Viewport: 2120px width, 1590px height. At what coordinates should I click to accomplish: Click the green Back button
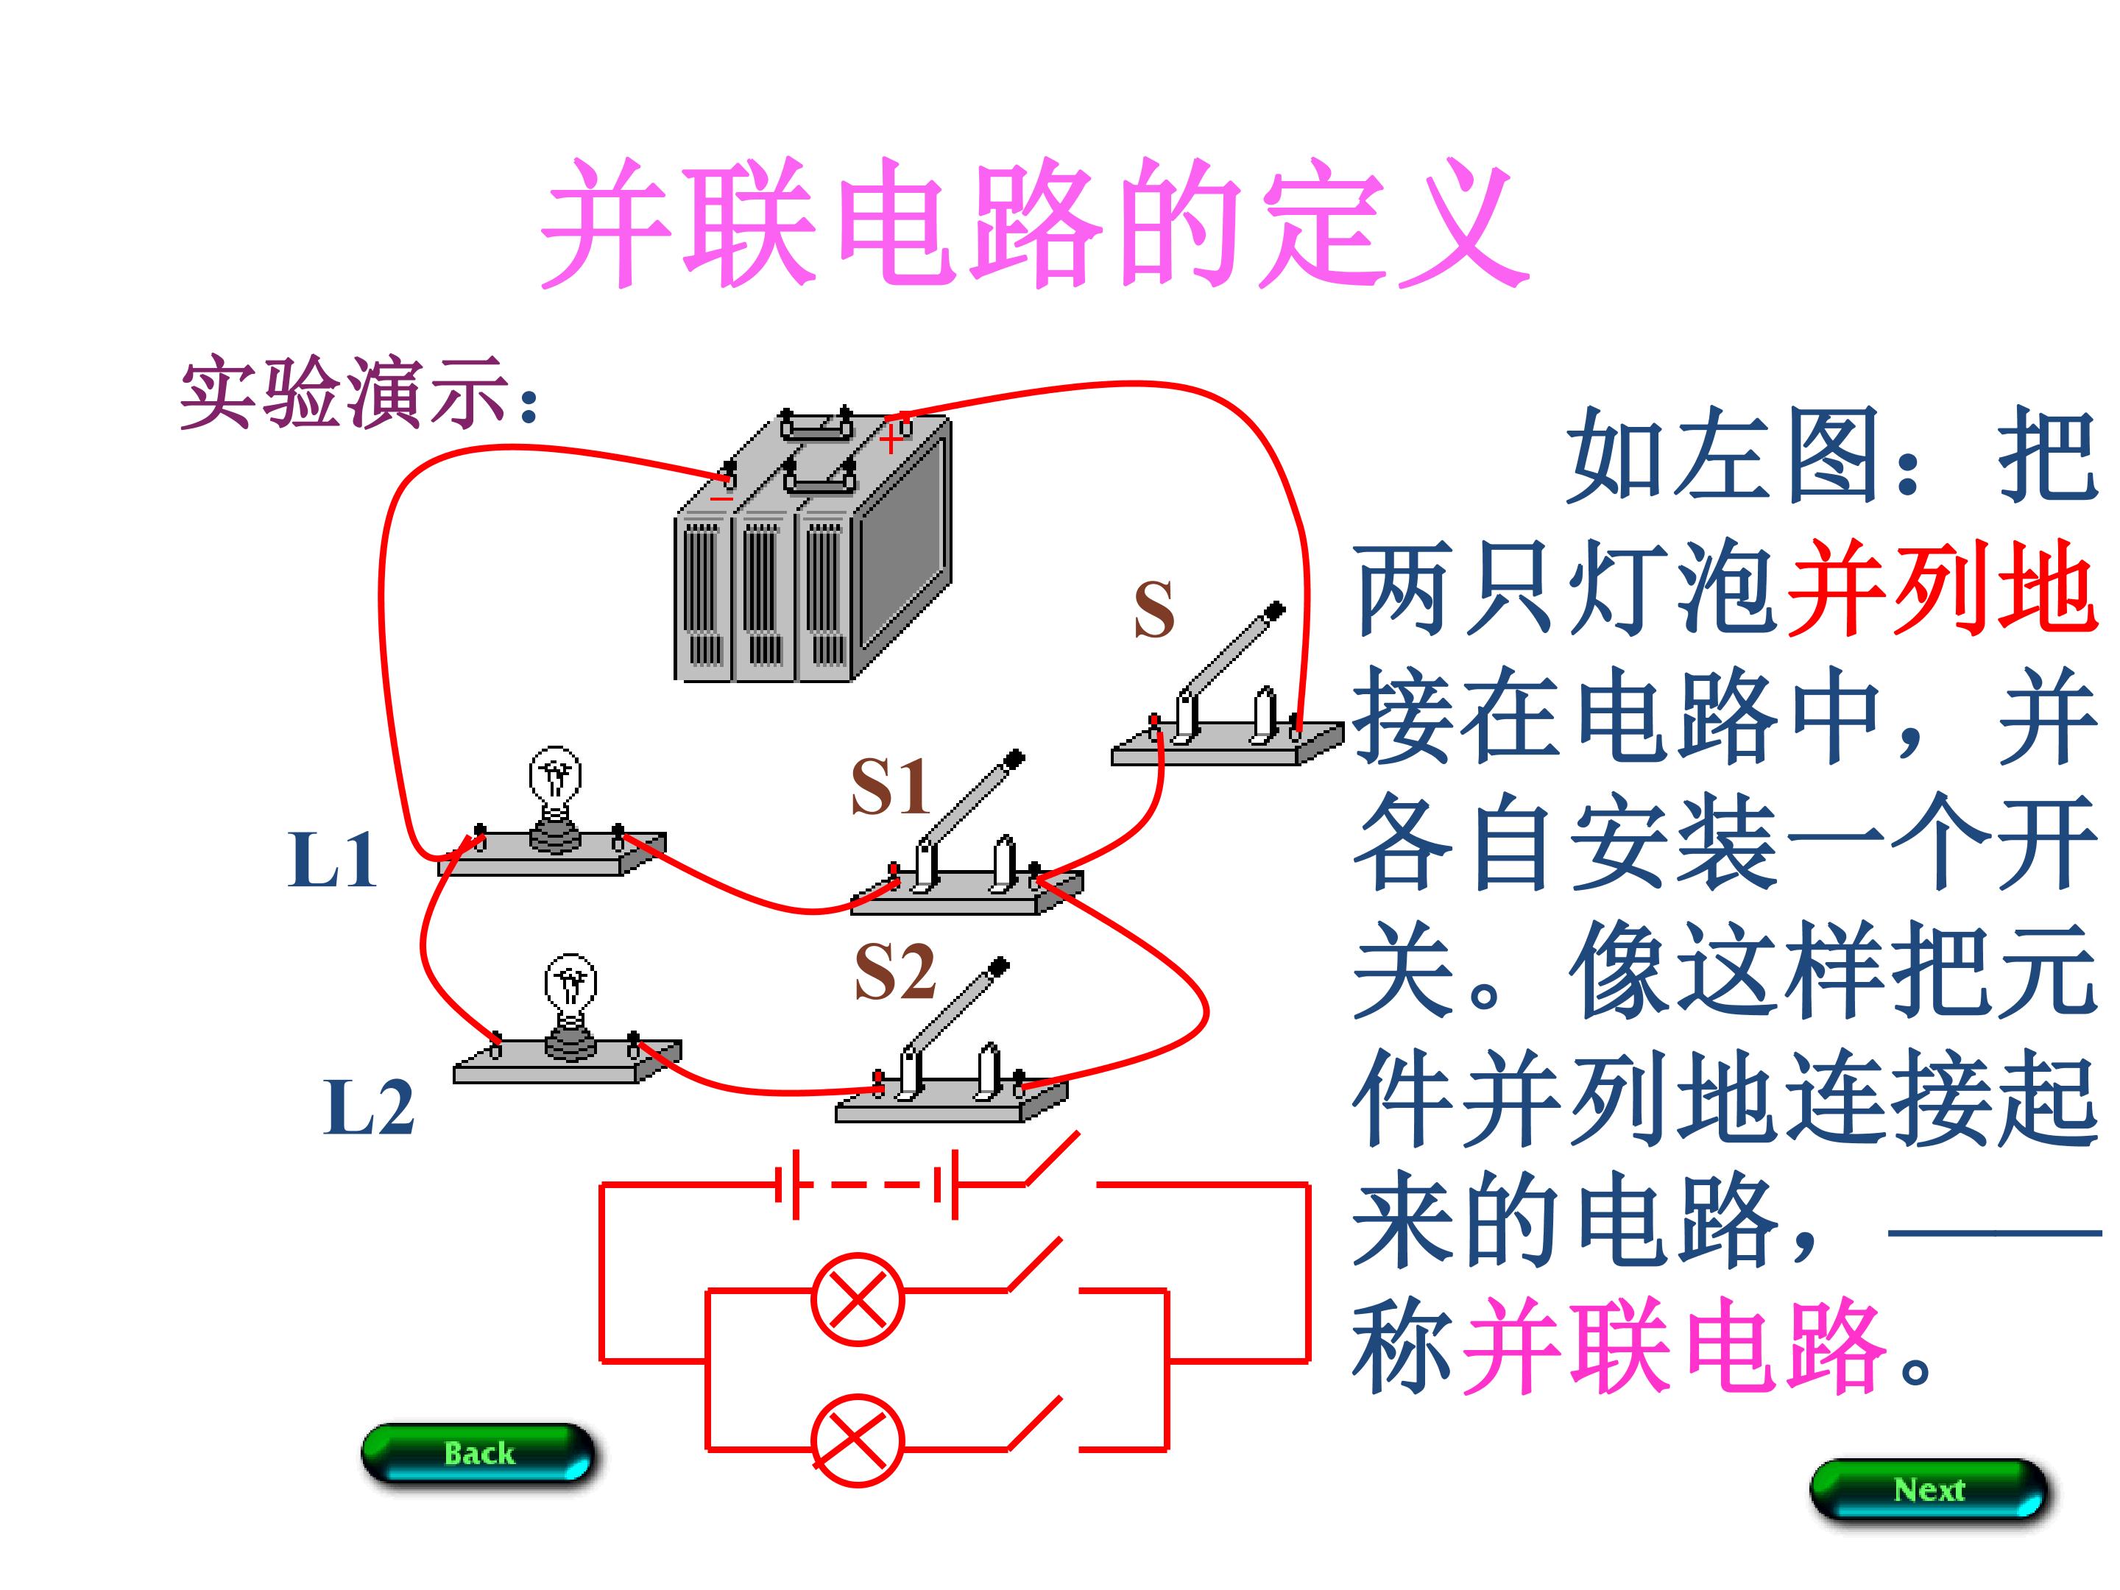(x=478, y=1453)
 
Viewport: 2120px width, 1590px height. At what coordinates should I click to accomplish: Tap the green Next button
(x=1929, y=1489)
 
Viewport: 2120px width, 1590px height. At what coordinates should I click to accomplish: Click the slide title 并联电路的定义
(x=1035, y=225)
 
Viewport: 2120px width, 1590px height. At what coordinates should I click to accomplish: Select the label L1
(x=331, y=859)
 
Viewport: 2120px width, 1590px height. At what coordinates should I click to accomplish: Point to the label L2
(x=369, y=1108)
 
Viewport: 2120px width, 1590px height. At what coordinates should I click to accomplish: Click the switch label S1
(x=889, y=786)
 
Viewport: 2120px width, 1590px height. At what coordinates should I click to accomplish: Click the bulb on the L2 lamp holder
(x=570, y=986)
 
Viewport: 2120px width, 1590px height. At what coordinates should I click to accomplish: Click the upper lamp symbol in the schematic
(x=857, y=1299)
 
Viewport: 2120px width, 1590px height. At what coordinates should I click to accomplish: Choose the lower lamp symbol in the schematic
(x=857, y=1441)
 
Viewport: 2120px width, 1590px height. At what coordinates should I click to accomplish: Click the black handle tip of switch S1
(x=1014, y=760)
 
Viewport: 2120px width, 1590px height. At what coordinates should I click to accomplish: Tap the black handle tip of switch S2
(x=999, y=967)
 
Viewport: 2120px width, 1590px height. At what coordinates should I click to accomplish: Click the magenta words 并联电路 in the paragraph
(x=1672, y=1346)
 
